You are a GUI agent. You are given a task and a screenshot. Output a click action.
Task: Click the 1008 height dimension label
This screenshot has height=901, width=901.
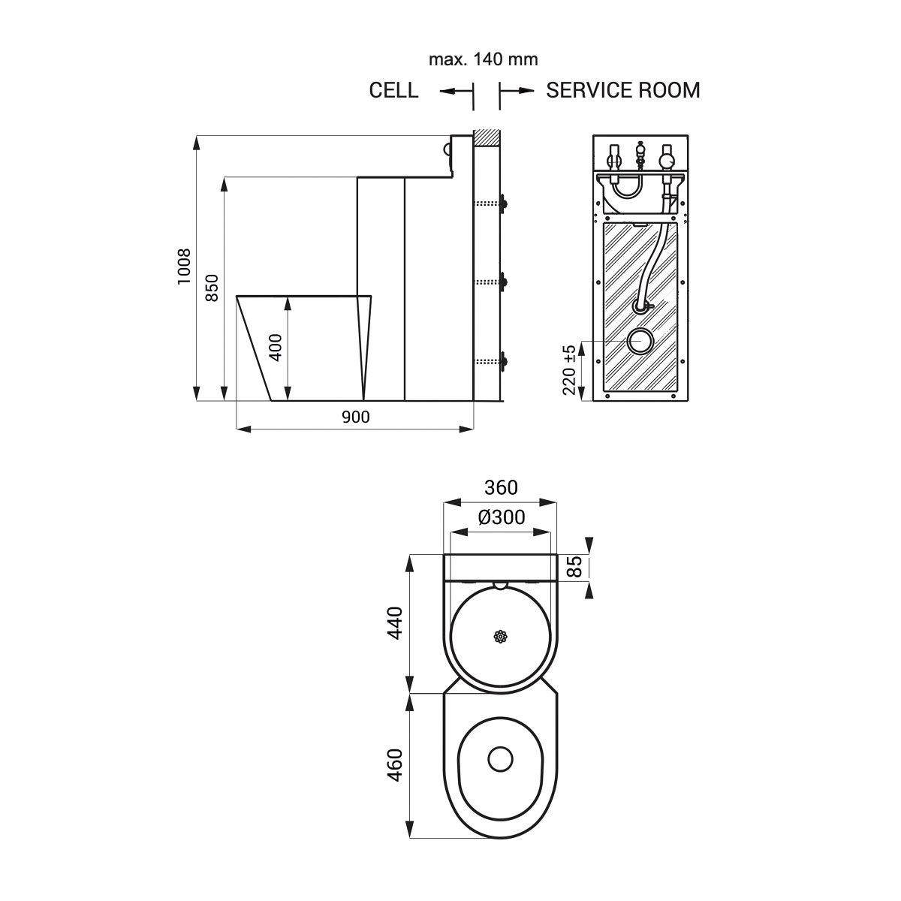[x=185, y=267]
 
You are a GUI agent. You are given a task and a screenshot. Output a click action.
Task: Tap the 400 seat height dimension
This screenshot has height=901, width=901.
[x=276, y=348]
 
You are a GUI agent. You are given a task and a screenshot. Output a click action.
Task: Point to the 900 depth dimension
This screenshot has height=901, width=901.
[x=355, y=417]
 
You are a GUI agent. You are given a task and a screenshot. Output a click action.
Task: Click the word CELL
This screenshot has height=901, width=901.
[x=393, y=91]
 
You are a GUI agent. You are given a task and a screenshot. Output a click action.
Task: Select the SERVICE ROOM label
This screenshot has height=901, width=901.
[x=622, y=91]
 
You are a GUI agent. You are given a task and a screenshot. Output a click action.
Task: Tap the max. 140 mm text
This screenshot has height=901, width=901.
[x=483, y=59]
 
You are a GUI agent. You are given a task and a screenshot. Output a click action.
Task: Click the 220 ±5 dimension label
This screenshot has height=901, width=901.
[x=570, y=369]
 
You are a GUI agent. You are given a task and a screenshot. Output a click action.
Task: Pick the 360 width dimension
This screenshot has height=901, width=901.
[x=500, y=488]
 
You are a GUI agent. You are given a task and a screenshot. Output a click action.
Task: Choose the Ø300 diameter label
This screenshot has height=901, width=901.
[x=501, y=517]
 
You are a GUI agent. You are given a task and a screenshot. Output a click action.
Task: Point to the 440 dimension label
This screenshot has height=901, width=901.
[x=395, y=622]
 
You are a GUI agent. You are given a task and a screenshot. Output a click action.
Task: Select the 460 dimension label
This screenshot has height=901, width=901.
[x=395, y=764]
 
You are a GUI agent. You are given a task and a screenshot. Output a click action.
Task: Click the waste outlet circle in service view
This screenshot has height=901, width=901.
[x=640, y=341]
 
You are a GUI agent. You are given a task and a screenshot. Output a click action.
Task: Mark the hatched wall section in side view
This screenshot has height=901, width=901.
[x=487, y=138]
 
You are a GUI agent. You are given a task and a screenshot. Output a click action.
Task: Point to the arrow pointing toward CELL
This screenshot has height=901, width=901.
[x=449, y=91]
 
